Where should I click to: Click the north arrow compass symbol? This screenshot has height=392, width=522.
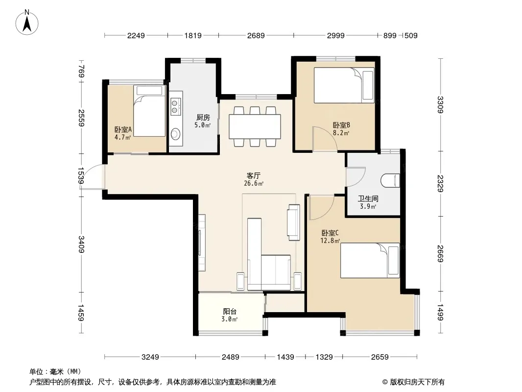[x=27, y=23]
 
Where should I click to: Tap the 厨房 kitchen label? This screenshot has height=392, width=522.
[x=203, y=117]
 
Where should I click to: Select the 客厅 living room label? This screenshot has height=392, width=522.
[x=253, y=175]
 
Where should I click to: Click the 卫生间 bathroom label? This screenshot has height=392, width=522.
[x=368, y=199]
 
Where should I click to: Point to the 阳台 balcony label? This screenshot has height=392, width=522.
[x=230, y=312]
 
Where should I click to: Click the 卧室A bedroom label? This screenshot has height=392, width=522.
[x=123, y=129]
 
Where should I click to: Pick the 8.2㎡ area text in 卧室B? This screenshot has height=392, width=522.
[x=341, y=133]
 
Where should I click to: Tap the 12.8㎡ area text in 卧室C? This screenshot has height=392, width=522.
[x=330, y=241]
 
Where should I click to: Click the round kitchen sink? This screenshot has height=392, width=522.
[x=175, y=134]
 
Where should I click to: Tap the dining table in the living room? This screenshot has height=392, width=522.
[x=255, y=126]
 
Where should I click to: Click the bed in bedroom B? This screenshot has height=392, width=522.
[x=344, y=85]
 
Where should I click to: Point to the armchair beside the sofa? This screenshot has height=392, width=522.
[x=293, y=222]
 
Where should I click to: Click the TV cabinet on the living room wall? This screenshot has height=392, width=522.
[x=202, y=243]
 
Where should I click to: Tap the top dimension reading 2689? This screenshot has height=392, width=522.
[x=256, y=35]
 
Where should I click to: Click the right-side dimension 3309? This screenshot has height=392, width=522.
[x=440, y=104]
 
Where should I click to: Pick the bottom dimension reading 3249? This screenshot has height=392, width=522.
[x=150, y=357]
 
